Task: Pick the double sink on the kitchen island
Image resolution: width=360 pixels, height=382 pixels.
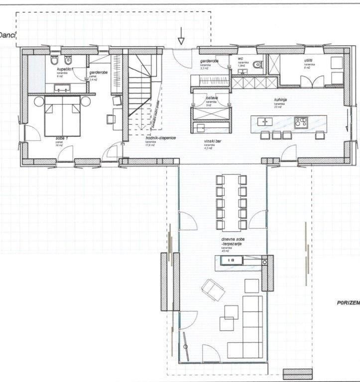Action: pyautogui.click(x=263, y=121)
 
